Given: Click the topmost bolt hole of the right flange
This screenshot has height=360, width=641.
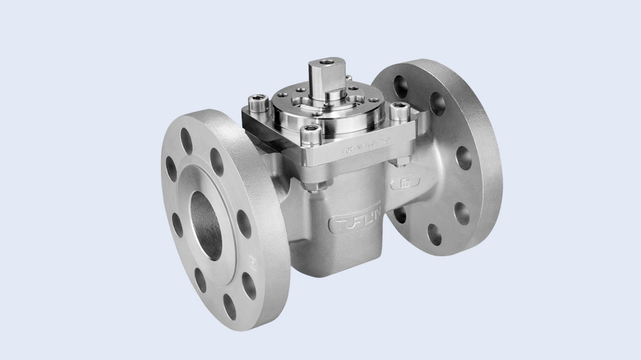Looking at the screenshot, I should pyautogui.click(x=401, y=83).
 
